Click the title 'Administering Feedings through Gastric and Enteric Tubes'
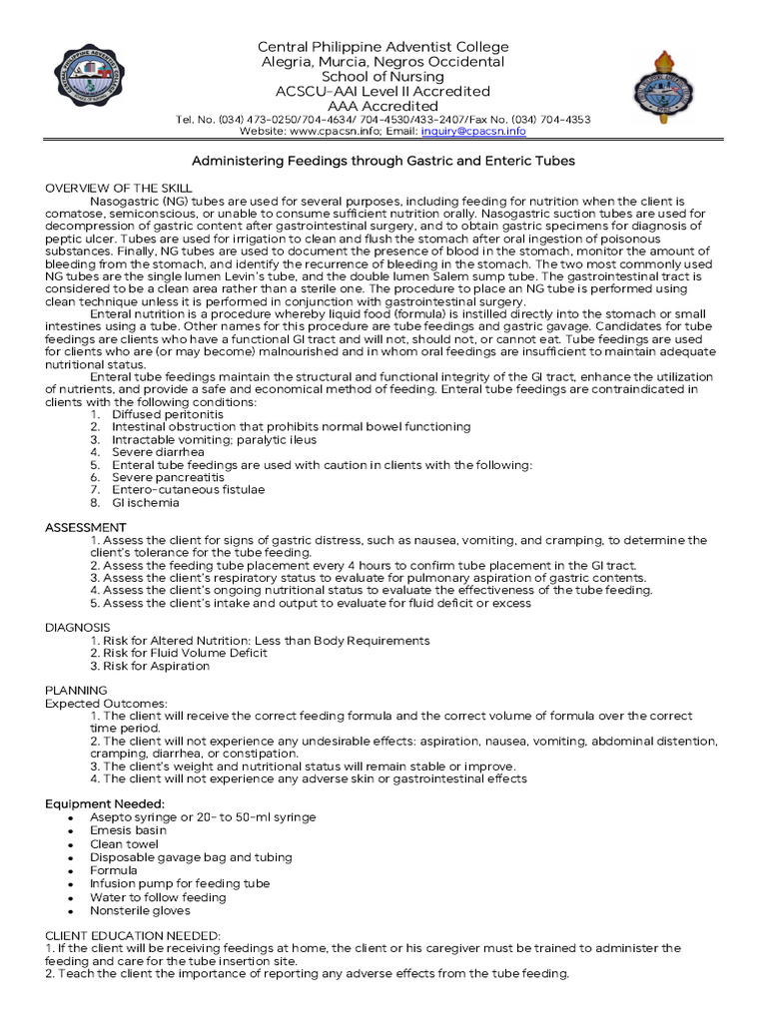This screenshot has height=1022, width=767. coord(383,161)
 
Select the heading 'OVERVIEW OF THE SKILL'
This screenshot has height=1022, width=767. coord(119,189)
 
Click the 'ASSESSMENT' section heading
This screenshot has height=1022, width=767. coord(86,527)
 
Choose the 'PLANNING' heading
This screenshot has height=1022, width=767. coord(77,690)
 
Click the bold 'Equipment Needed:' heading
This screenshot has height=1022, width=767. coord(105,803)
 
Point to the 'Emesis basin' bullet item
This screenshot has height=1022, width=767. coord(128,830)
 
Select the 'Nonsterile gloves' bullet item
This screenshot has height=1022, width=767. coord(140,910)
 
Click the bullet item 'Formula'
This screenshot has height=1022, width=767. coord(114,870)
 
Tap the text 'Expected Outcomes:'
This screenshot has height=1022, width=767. coord(107,704)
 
